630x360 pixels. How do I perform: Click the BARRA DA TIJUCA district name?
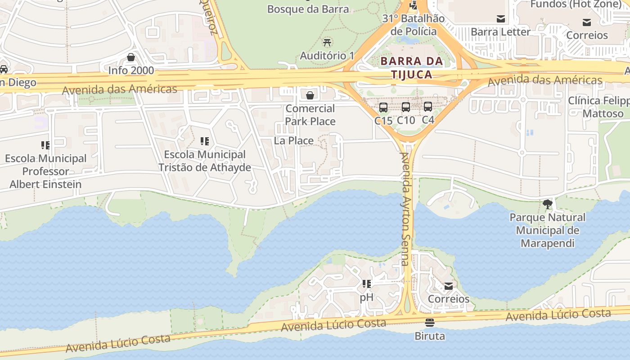click(406, 67)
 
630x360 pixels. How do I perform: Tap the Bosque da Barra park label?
click(308, 9)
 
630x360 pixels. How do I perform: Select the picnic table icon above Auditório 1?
click(327, 43)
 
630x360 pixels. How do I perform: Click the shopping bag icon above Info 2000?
click(131, 57)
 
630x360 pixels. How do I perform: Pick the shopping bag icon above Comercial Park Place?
click(310, 95)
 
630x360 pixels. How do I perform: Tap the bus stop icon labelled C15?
click(383, 108)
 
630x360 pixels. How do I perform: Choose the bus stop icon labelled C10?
click(405, 107)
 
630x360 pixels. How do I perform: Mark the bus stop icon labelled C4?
click(427, 107)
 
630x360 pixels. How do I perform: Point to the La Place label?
click(294, 141)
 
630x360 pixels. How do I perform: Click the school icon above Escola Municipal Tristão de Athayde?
click(205, 142)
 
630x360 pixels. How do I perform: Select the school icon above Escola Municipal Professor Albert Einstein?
click(45, 145)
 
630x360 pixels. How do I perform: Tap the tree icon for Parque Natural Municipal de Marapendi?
click(547, 204)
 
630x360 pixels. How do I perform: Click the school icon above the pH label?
click(367, 284)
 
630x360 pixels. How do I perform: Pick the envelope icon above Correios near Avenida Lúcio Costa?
click(448, 286)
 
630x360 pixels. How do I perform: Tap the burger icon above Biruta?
click(430, 323)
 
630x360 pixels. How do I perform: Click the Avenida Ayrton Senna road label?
click(406, 209)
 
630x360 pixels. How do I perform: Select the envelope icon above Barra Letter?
click(500, 19)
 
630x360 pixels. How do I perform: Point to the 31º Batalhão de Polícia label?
click(414, 25)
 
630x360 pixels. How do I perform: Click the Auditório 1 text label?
click(327, 56)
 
